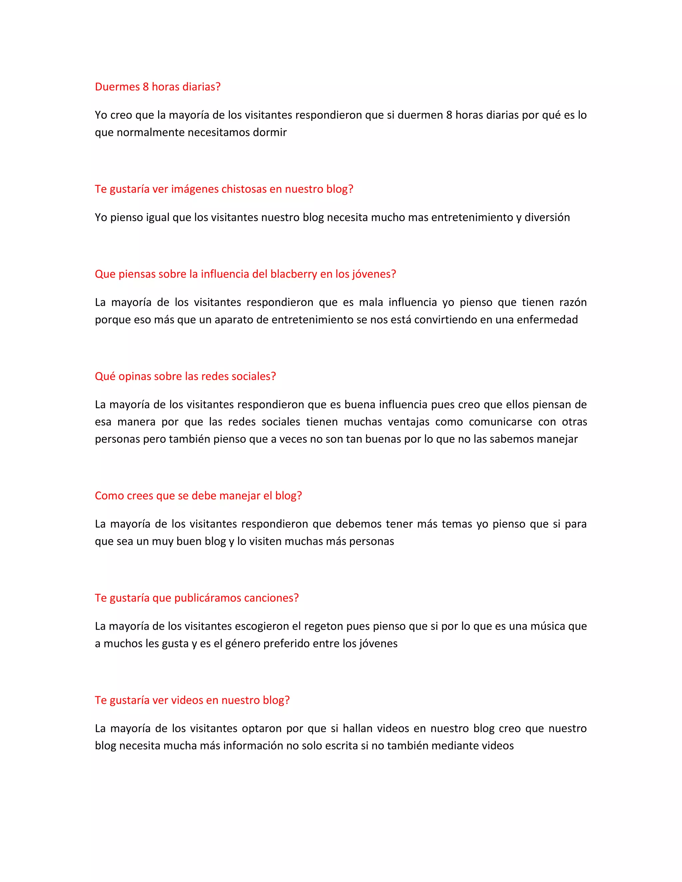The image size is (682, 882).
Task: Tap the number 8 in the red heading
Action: click(x=146, y=87)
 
